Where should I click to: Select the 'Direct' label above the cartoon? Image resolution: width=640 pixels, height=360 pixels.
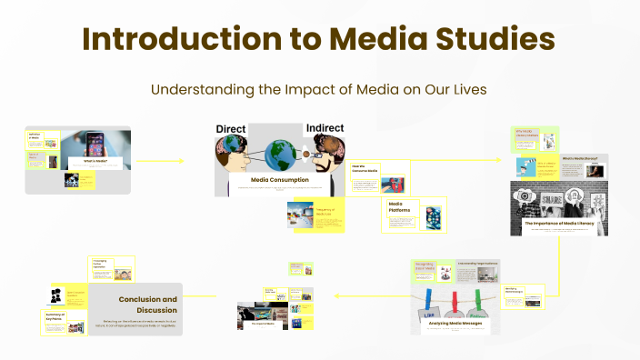[232, 129]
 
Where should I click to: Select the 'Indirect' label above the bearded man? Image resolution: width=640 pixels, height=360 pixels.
[325, 129]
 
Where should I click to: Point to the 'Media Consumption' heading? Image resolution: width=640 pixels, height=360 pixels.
[279, 180]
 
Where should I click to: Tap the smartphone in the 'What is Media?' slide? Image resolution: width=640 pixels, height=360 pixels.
[95, 145]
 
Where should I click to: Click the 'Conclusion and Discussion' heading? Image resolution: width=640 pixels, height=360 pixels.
[147, 304]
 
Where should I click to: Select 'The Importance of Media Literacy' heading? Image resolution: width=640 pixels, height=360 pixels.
[558, 223]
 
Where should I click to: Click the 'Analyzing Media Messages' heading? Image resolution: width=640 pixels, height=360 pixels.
[455, 323]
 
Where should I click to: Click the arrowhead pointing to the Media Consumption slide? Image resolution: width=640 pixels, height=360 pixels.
[181, 161]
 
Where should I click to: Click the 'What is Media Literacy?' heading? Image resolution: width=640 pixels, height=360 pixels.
[578, 158]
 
